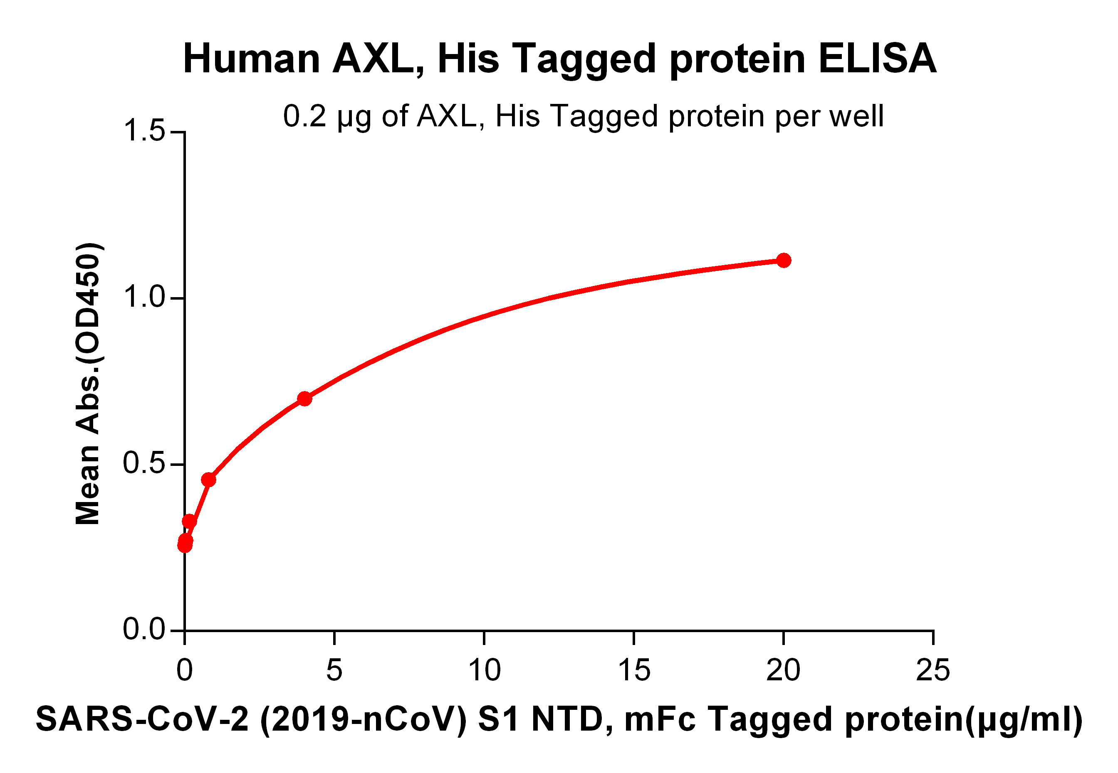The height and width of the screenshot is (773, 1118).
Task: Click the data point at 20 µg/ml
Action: [783, 261]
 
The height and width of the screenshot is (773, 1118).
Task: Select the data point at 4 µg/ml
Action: [304, 399]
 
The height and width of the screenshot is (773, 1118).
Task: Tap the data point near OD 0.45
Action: [208, 480]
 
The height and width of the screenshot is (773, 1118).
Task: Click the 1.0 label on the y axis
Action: [144, 298]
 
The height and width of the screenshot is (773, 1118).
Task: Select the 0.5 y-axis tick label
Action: [144, 463]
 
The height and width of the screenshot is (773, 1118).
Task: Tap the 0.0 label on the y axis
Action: [144, 630]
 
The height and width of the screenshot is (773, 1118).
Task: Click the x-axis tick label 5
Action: [334, 671]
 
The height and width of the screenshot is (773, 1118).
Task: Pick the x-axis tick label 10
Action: [484, 671]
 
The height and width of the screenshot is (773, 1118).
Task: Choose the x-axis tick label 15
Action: [634, 671]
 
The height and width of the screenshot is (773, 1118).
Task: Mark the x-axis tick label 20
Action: [783, 671]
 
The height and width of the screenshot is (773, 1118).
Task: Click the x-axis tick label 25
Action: [933, 671]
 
